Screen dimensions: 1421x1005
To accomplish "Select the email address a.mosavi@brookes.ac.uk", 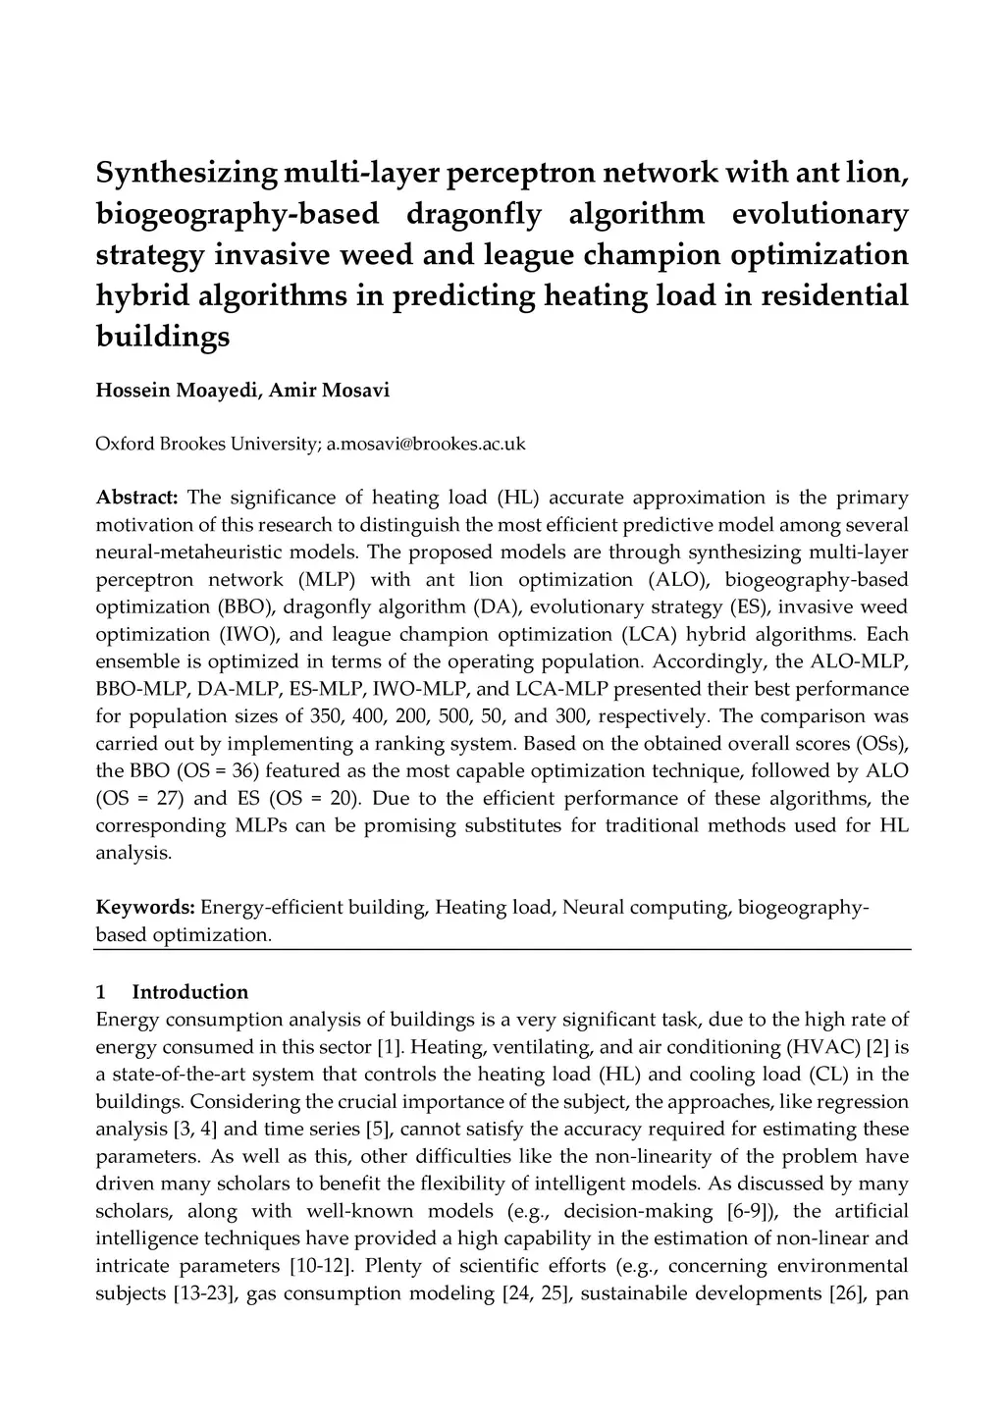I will pos(426,444).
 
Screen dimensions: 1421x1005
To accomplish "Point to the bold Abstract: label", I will pos(136,498).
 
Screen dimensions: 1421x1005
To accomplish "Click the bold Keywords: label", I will pos(144,907).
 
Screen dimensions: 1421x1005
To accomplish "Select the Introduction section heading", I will pos(189,991).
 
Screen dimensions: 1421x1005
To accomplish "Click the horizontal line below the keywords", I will pos(502,949).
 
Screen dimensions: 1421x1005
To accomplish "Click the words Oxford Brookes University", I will pos(205,444).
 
